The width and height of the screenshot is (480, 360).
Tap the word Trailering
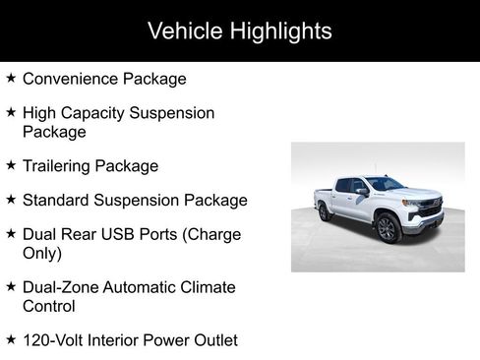(61, 165)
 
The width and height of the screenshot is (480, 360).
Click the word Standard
(59, 200)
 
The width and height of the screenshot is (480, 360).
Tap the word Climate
(207, 287)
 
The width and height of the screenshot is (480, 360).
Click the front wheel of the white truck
(387, 229)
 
